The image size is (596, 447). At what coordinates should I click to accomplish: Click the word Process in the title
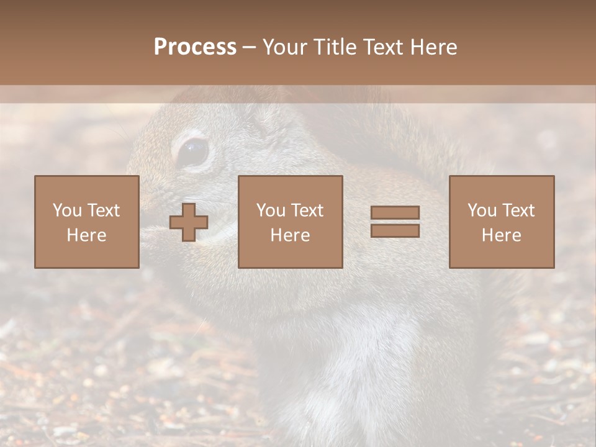[195, 47]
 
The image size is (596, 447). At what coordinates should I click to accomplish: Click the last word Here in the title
[435, 47]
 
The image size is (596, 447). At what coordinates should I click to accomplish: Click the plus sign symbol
[189, 222]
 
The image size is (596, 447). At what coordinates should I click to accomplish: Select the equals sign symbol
[395, 222]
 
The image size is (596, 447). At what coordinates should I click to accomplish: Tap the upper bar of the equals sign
[395, 213]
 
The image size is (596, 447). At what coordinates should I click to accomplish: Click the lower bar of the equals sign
[395, 230]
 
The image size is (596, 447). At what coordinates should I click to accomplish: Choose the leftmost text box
[86, 222]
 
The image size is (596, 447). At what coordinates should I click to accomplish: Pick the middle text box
[290, 222]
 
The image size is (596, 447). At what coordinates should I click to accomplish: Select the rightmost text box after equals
[501, 222]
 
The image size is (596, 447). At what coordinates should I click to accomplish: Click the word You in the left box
[67, 210]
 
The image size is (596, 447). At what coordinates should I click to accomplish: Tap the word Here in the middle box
[290, 235]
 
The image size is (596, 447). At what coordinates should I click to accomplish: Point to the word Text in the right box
[519, 210]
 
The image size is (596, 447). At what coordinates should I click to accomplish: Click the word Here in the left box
[86, 235]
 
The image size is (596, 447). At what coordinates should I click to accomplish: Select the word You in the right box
[482, 210]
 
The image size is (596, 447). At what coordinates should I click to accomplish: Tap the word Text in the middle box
[308, 210]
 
